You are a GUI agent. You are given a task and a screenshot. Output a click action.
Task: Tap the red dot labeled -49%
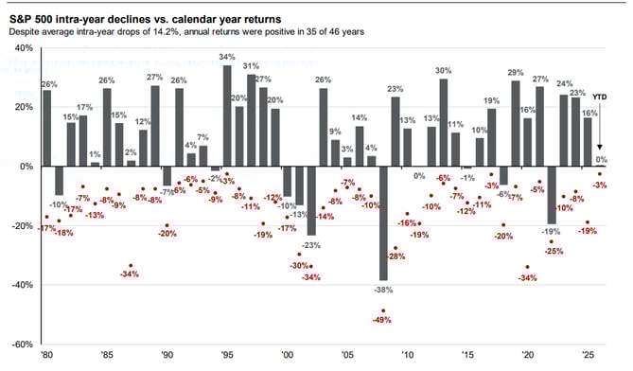[383, 311]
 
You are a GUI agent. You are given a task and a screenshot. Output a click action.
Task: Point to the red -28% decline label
[396, 256]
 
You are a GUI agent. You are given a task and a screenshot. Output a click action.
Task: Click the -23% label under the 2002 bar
[312, 244]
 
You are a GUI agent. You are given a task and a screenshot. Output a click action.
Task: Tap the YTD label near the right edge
[600, 97]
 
